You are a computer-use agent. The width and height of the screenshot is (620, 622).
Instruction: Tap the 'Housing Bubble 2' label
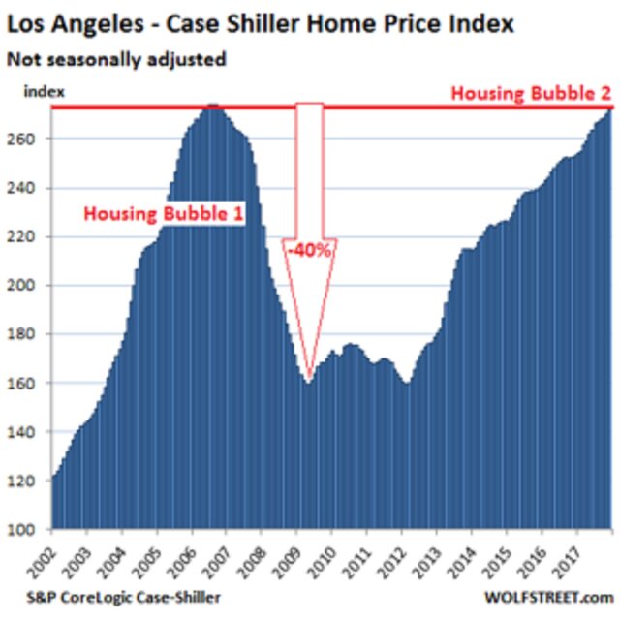(531, 94)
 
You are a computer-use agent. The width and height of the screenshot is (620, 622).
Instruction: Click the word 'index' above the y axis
(45, 92)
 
